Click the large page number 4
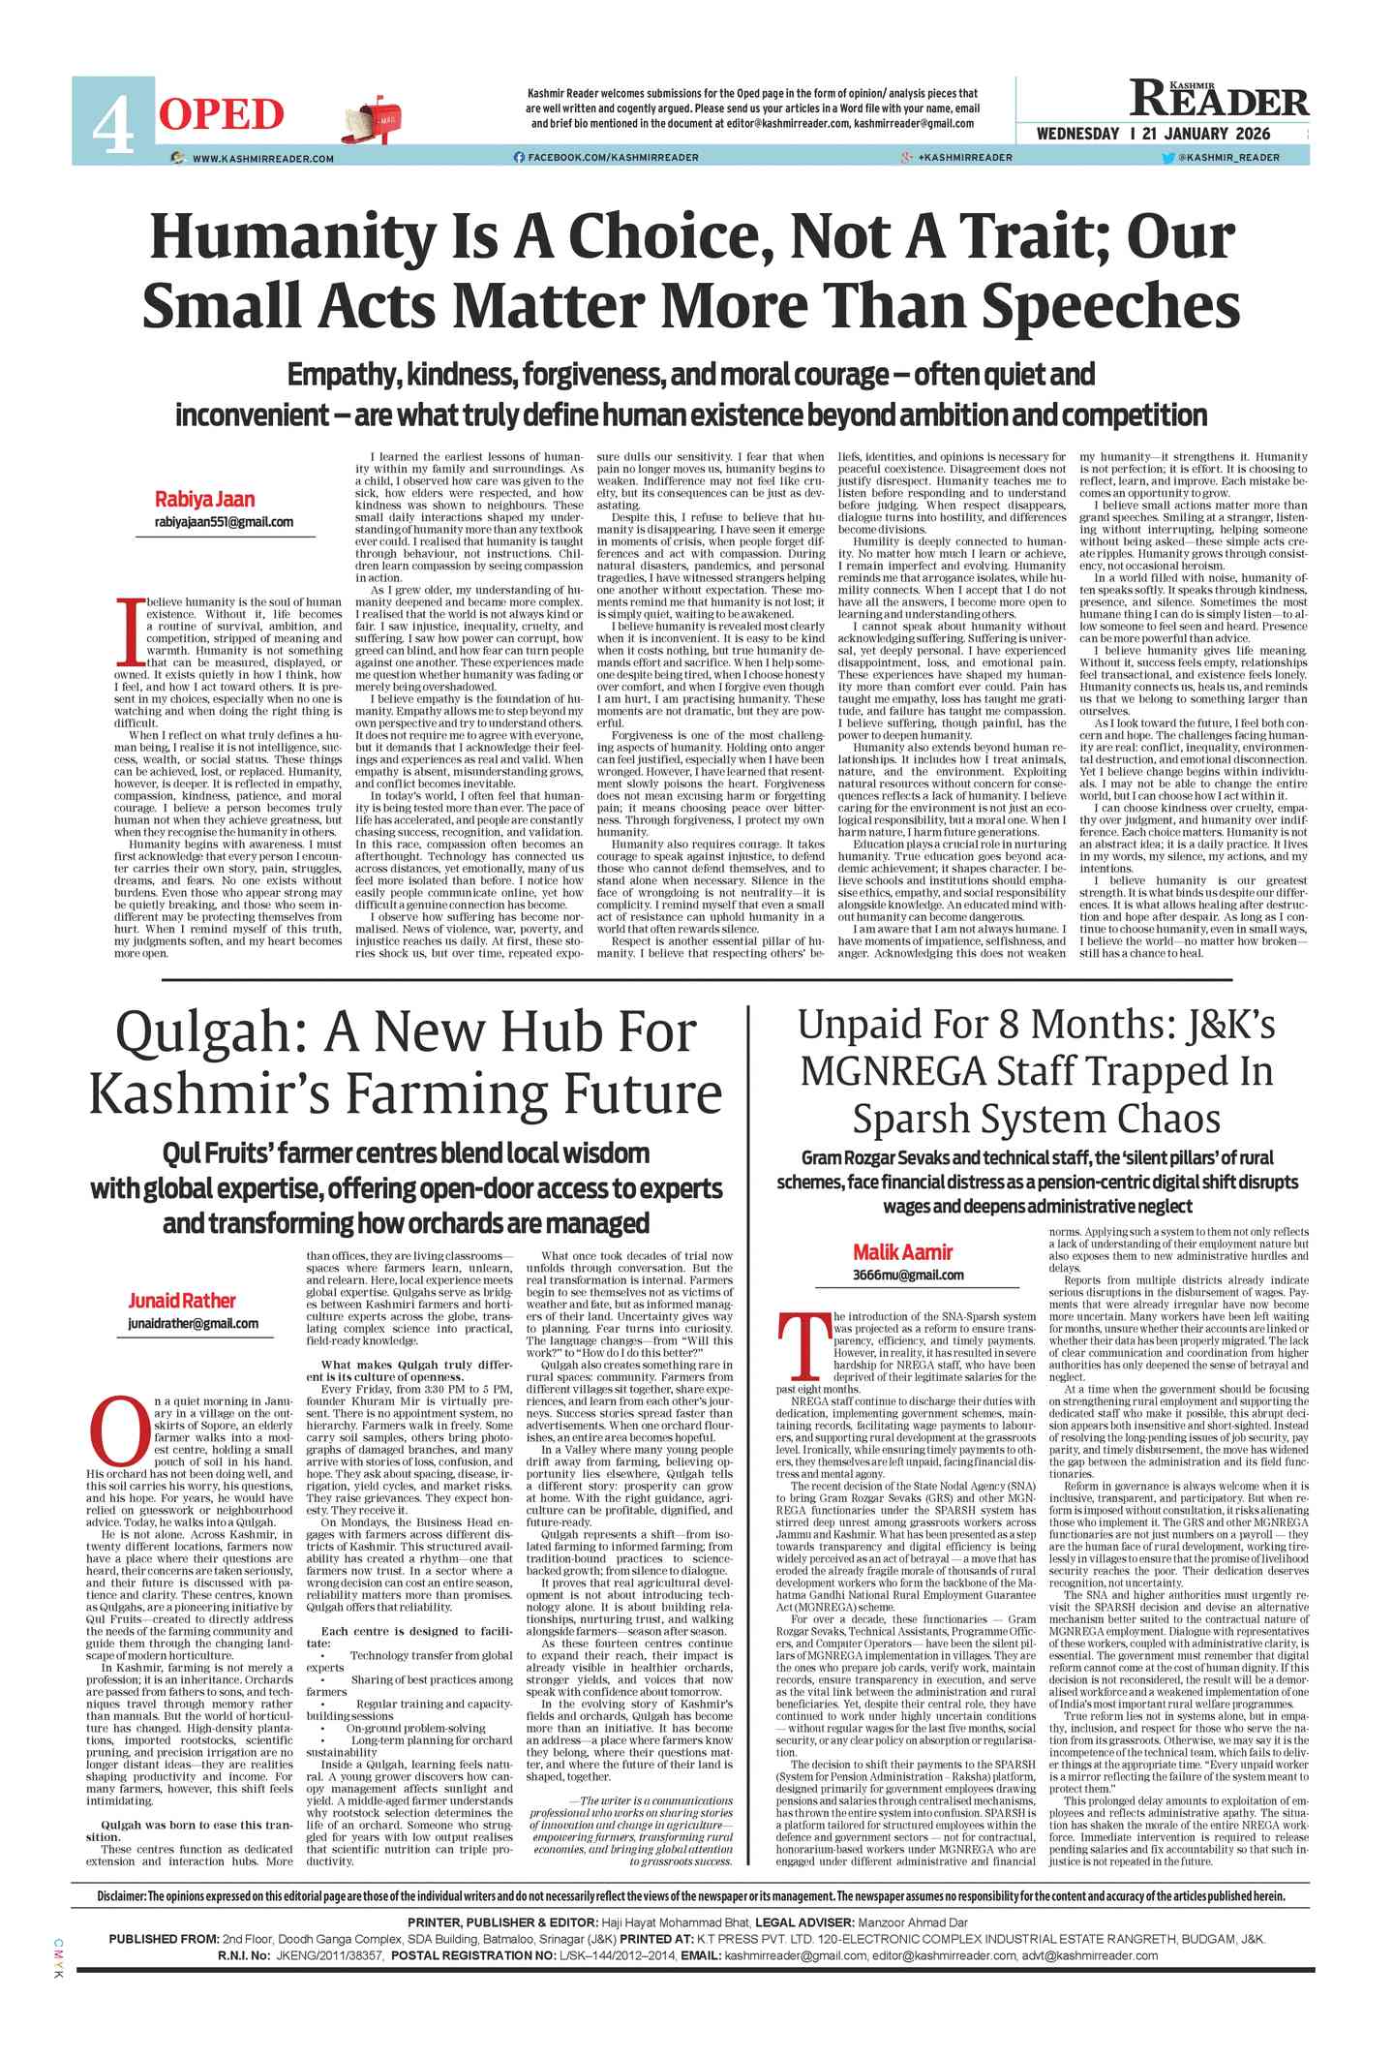coord(112,123)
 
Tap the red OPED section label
coord(221,114)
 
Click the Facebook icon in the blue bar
coord(519,157)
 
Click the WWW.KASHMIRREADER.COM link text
coord(262,158)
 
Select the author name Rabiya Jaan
coord(205,500)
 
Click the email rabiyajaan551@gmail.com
coord(224,522)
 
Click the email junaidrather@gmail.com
coord(193,1323)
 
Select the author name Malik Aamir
coord(902,1252)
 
